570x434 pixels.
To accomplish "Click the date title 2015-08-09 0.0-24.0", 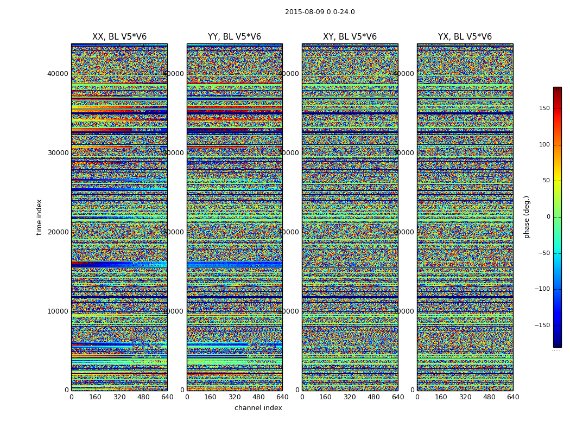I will (320, 12).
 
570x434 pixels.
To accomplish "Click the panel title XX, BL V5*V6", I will (119, 37).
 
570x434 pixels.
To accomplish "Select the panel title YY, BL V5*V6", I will (235, 37).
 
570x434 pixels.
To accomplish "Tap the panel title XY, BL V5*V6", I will (350, 37).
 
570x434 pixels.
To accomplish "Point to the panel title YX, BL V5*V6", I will (465, 37).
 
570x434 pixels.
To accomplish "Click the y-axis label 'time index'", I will (39, 217).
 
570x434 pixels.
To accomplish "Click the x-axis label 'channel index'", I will (258, 408).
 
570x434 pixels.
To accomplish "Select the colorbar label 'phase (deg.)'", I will (527, 217).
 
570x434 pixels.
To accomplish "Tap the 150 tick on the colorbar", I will (543, 108).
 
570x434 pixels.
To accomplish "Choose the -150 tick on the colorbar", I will (542, 325).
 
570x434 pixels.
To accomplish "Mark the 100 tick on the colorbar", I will (543, 145).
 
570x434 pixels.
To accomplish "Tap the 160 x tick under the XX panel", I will (95, 397).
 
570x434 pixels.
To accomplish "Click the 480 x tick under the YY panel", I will (258, 397).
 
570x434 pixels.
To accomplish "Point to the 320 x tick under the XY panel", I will (350, 397).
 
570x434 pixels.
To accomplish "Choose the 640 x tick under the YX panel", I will (512, 397).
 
